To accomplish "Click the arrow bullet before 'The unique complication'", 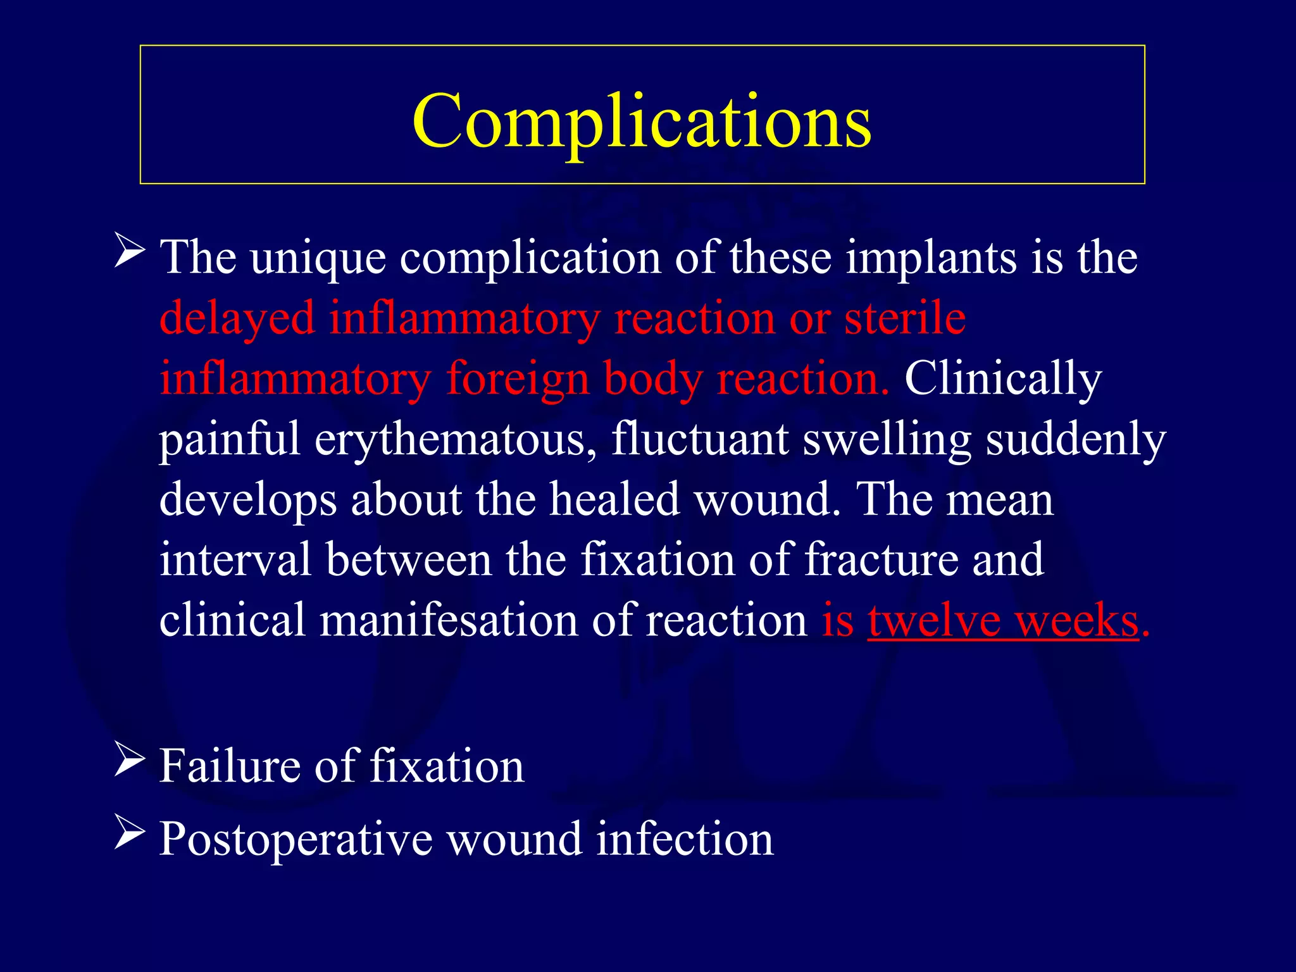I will tap(130, 251).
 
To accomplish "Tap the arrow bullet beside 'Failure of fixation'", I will tap(130, 761).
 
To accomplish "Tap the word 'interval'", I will tap(235, 559).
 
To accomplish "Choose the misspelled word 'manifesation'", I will tap(448, 620).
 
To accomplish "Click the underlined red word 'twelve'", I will tap(935, 620).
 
